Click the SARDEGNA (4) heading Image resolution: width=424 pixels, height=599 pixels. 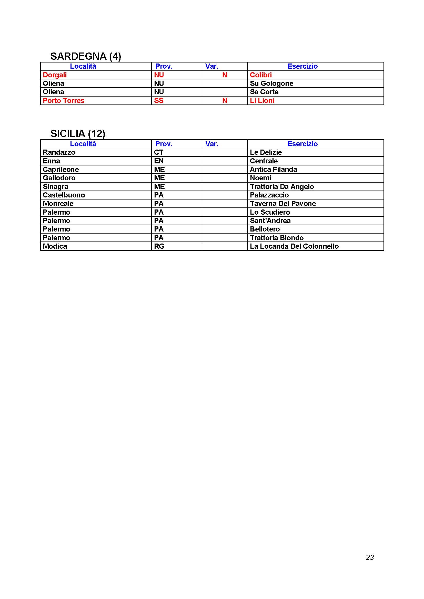coord(86,56)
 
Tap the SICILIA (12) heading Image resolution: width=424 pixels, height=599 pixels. coord(78,134)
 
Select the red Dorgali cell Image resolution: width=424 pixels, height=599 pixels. coord(55,75)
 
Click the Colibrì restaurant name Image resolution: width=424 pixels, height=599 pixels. coord(261,75)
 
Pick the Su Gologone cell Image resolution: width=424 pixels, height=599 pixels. coord(271,83)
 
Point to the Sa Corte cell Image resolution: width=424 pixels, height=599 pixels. coord(264,92)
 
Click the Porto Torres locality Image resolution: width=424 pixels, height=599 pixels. coord(63,101)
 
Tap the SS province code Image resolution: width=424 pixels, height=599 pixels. coord(159,101)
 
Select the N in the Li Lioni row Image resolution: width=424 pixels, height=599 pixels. coord(225,101)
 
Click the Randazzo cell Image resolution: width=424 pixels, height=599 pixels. coord(59,152)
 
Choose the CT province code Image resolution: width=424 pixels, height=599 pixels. coord(158,152)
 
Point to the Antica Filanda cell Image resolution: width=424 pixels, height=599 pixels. coord(273,170)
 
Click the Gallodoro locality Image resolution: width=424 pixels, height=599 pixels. coord(59,178)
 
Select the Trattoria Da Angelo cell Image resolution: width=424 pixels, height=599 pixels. coord(282,186)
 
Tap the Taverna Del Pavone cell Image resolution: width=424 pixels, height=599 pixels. coord(283,204)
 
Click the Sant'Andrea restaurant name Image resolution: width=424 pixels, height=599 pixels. coord(270,221)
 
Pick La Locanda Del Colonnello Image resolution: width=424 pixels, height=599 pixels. coord(294,246)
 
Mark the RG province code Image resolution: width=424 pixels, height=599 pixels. coord(159,246)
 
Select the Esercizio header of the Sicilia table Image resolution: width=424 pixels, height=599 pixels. coord(302,144)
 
